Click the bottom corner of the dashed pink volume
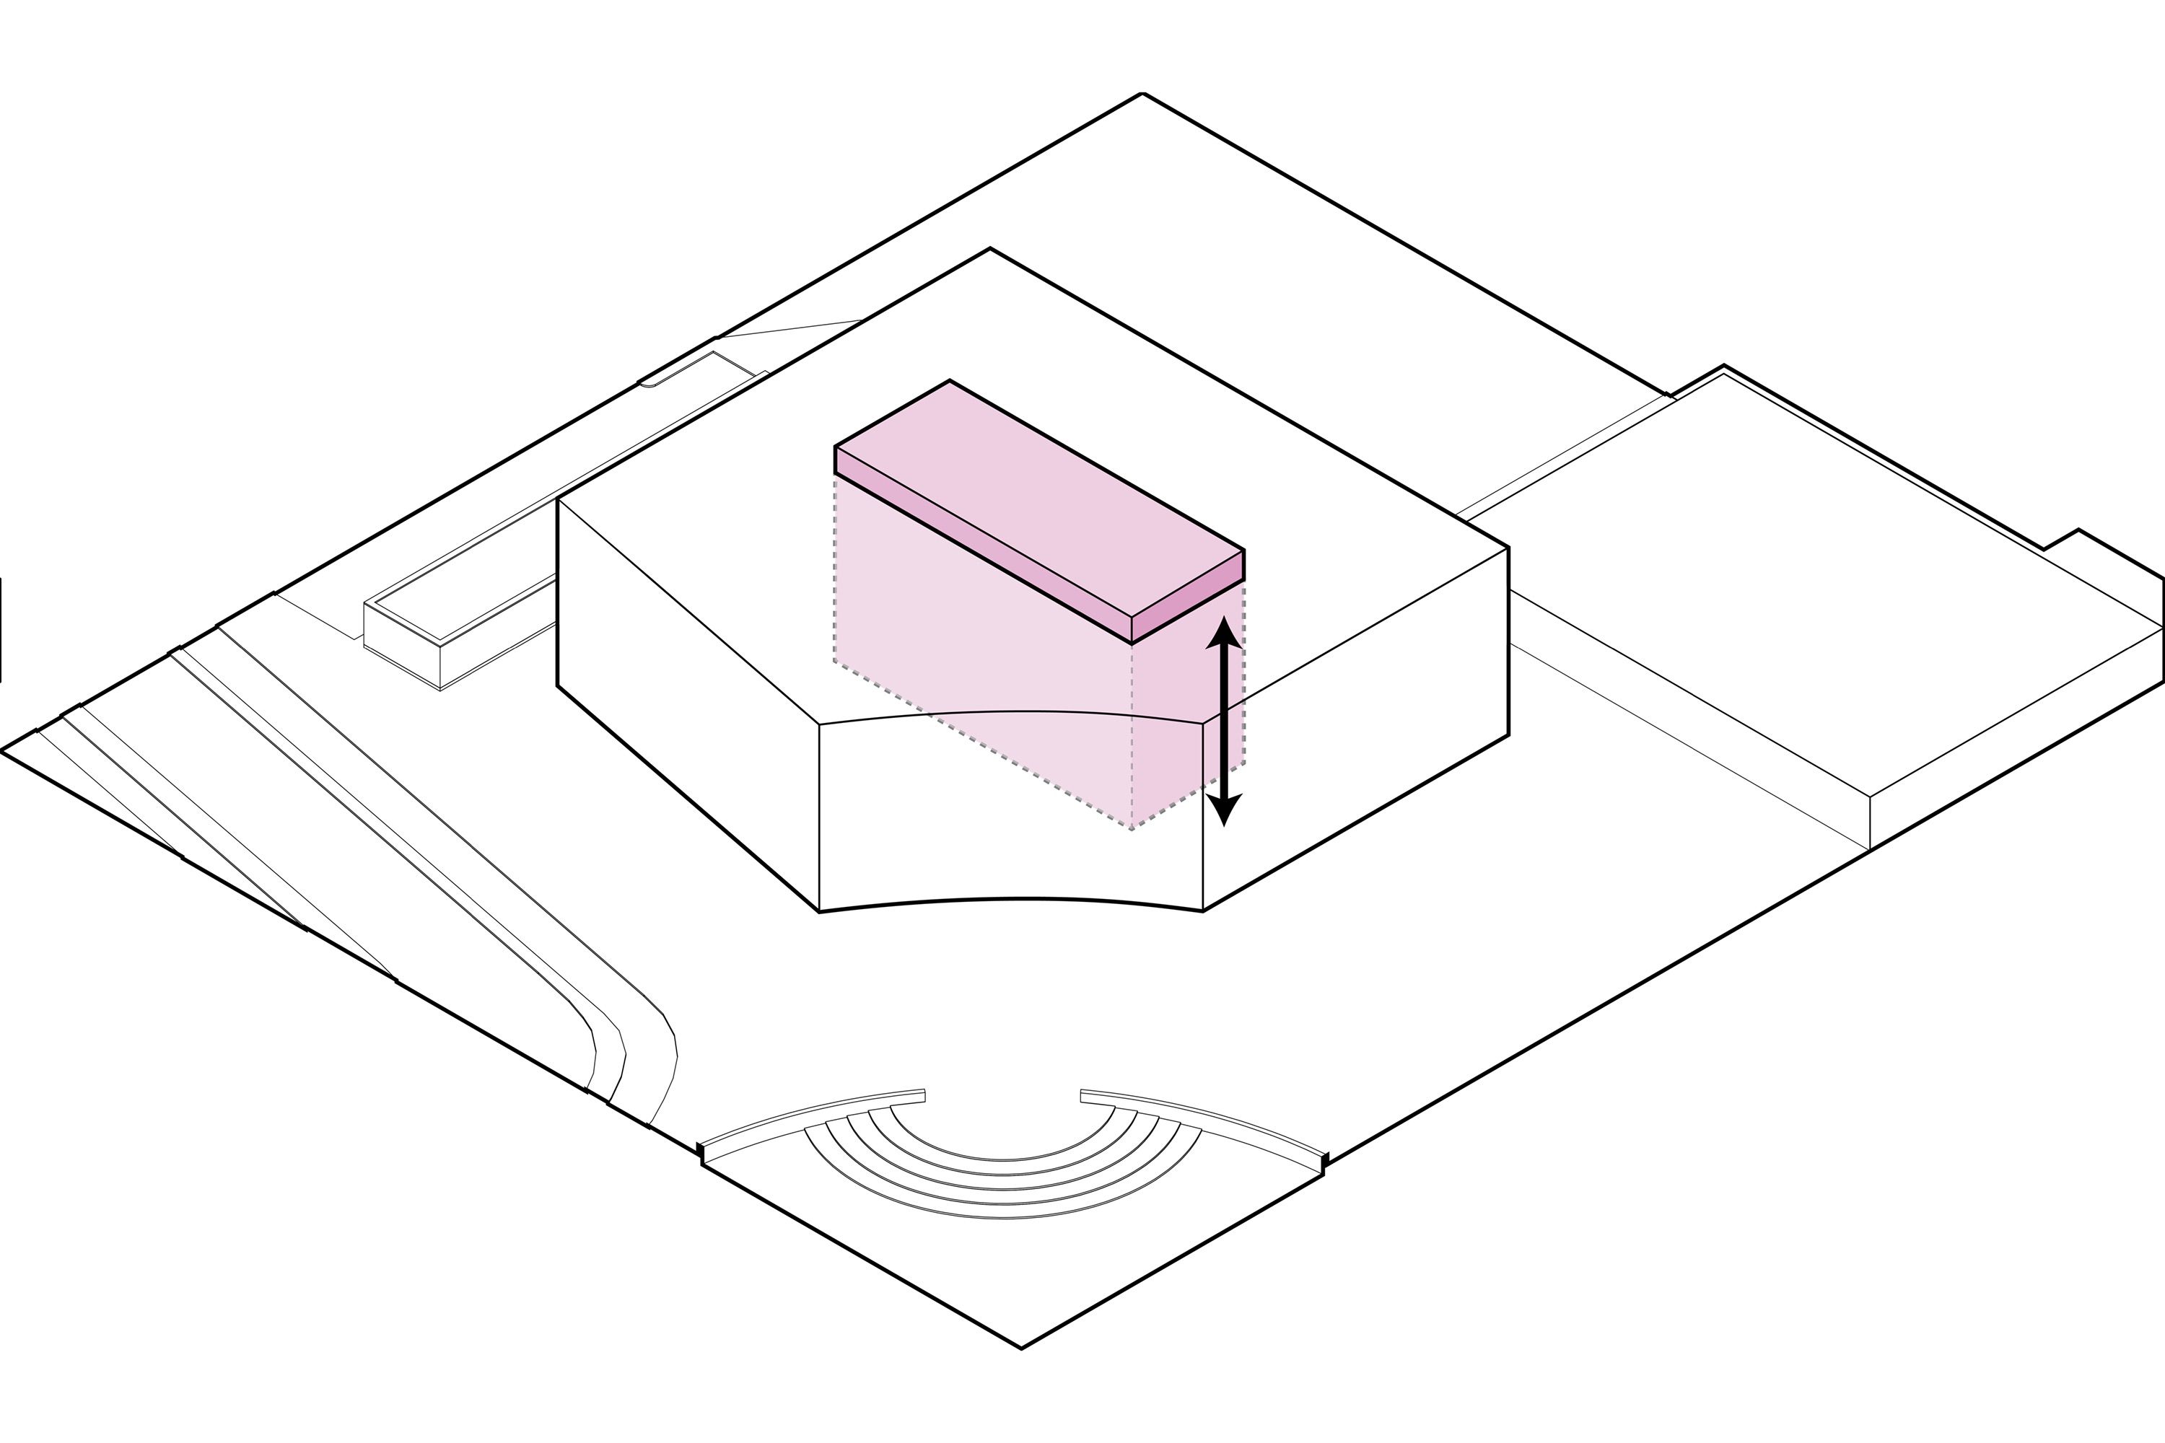click(1132, 829)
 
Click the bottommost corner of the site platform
click(1022, 1348)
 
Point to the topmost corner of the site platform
click(1142, 94)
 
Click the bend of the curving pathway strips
click(635, 1040)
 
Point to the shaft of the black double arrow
click(1224, 722)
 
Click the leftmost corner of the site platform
click(3, 751)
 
